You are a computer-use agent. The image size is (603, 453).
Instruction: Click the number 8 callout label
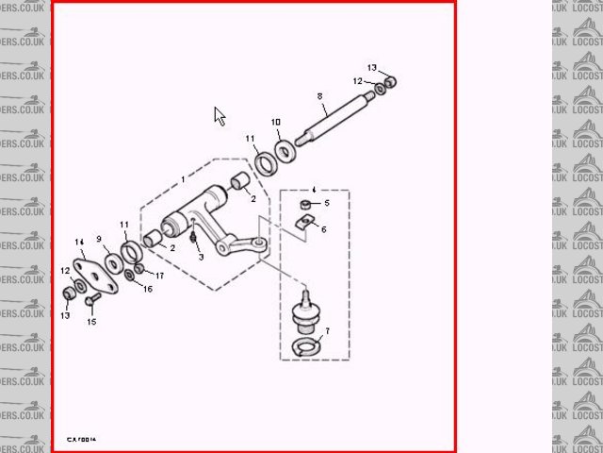click(320, 96)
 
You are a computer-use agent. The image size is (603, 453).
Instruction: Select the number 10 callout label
click(276, 123)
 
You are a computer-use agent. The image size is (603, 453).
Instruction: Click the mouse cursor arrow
click(220, 116)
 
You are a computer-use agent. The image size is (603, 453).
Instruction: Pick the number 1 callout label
click(184, 178)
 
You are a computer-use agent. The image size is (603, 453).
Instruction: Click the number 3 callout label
click(201, 257)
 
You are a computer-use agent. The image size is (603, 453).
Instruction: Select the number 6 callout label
click(323, 228)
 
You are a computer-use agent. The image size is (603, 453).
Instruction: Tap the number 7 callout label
click(327, 331)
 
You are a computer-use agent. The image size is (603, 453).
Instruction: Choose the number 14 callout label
click(80, 243)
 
